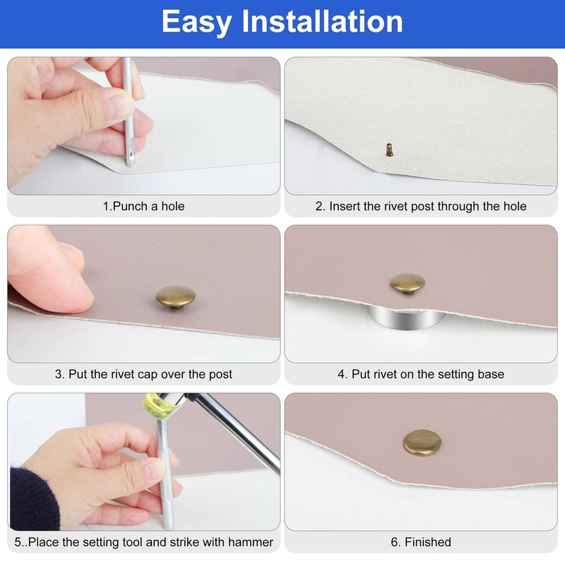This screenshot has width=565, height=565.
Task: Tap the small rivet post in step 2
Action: click(x=388, y=150)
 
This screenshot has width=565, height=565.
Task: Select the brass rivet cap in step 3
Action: click(x=175, y=297)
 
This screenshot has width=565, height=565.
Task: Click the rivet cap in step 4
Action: click(x=408, y=284)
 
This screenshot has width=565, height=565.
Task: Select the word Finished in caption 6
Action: click(x=427, y=542)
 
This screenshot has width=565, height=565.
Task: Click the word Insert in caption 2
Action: click(x=345, y=206)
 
